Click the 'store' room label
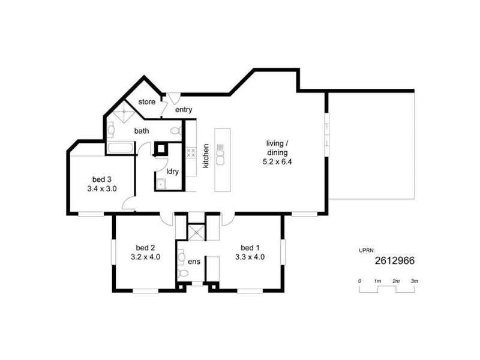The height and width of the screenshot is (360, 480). pos(146,101)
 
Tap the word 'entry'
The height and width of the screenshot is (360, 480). pos(184,110)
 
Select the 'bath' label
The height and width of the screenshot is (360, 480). pos(142,131)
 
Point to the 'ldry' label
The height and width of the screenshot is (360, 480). pos(172,172)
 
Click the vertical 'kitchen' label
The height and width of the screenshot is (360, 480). pos(206,156)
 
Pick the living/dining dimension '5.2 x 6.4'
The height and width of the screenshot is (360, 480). pos(277,161)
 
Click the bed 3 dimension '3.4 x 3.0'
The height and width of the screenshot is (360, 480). pos(102,189)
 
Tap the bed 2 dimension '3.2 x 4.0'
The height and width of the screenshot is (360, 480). pos(145,257)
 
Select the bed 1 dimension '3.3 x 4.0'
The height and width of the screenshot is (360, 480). pos(250,257)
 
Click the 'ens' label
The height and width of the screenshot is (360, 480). pos(194,262)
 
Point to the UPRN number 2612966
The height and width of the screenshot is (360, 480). pos(395,260)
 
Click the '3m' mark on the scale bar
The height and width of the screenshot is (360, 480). pos(414,281)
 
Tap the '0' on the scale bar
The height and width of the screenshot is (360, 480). pos(359,281)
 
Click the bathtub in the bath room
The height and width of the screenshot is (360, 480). pos(121,148)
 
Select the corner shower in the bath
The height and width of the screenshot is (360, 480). pos(124,112)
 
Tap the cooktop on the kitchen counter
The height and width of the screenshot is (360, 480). pos(191,152)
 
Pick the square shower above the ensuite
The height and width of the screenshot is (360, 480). pos(196,233)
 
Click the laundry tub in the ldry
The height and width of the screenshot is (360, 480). pos(160,184)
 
